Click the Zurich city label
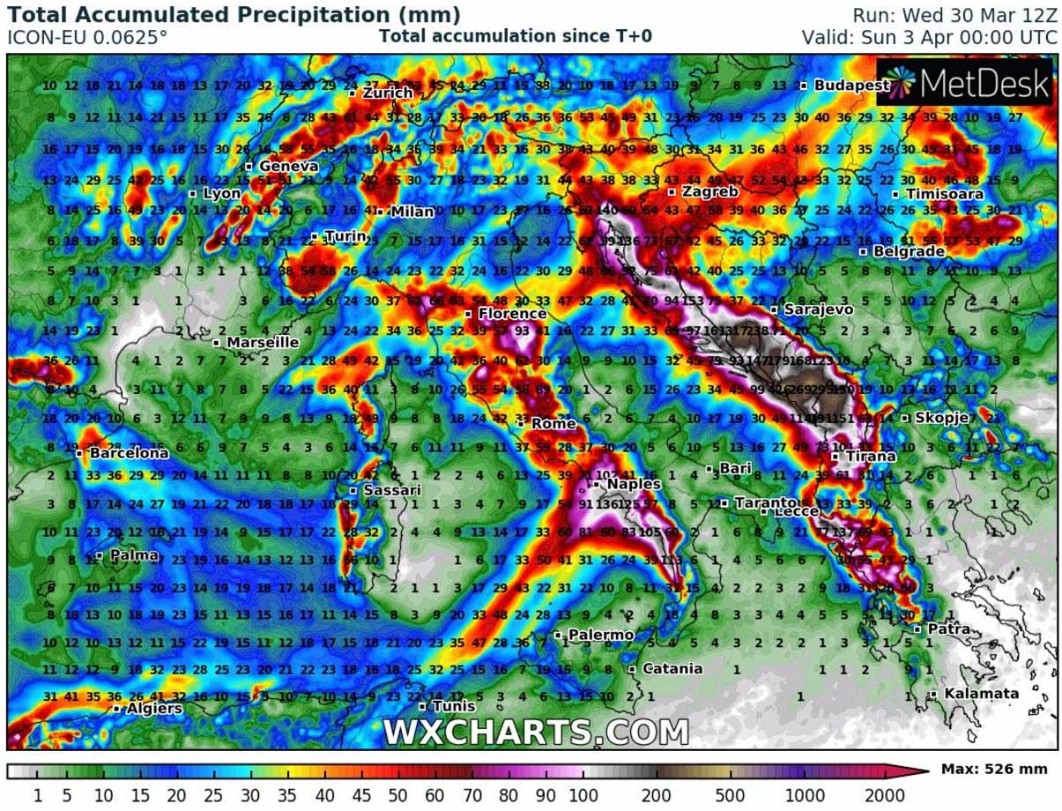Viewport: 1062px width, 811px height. (x=386, y=93)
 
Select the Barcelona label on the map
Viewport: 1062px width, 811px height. (x=128, y=453)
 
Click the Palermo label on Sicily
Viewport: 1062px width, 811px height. (x=599, y=635)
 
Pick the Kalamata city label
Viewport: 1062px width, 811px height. (x=980, y=694)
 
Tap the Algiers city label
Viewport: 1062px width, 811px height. (x=153, y=708)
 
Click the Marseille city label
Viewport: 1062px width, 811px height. (x=262, y=342)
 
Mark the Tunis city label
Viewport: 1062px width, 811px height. (x=453, y=706)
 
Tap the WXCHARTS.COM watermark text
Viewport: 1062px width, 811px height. (x=536, y=732)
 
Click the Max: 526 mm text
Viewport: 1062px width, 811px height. (x=994, y=770)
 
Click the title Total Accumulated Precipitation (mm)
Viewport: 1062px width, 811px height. (x=234, y=15)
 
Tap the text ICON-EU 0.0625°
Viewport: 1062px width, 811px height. (x=87, y=37)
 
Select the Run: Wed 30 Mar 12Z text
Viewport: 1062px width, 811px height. (x=954, y=15)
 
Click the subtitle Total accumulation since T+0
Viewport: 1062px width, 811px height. (x=516, y=36)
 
